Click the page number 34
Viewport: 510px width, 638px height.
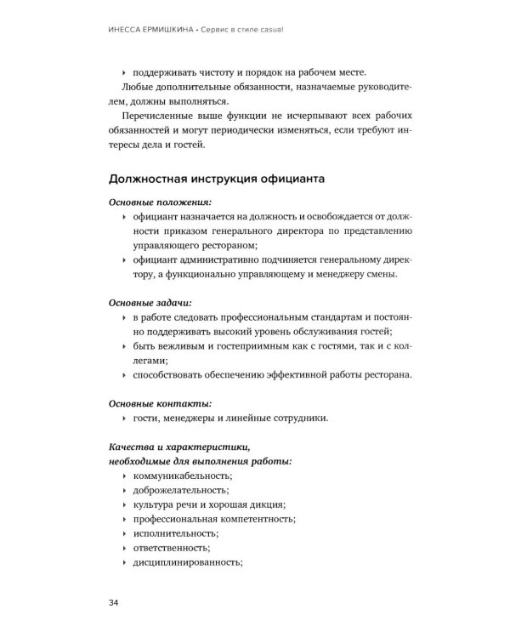114,603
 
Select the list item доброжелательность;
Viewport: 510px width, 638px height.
180,490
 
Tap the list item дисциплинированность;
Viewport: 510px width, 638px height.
189,562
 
